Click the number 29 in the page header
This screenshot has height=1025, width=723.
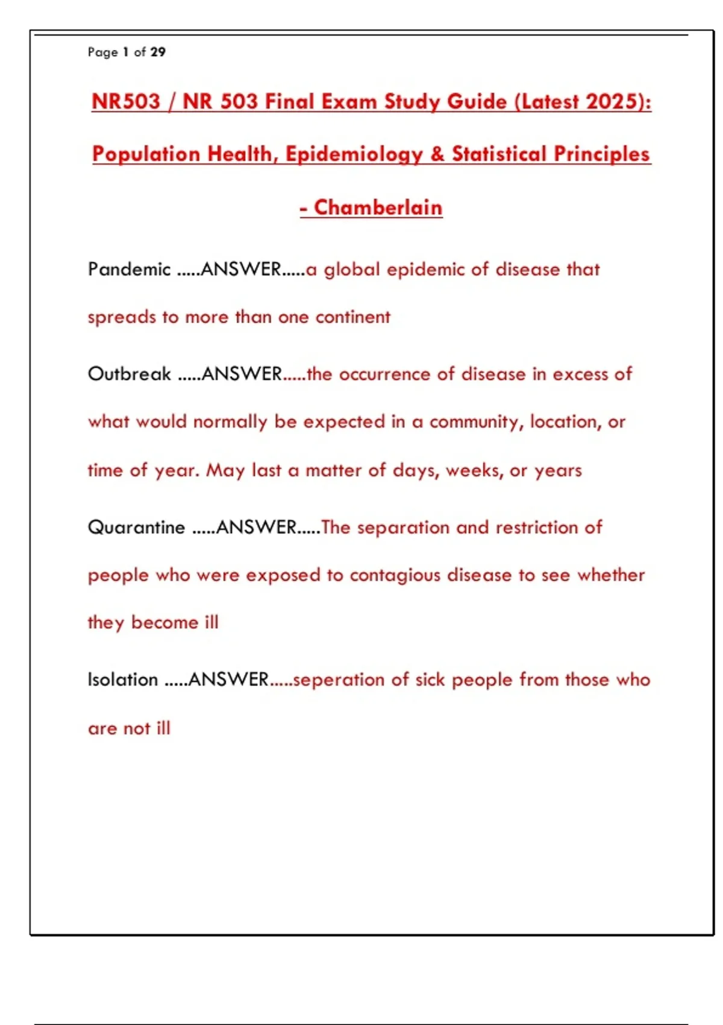tap(158, 52)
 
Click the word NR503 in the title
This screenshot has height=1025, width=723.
tap(126, 101)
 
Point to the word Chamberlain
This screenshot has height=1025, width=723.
tap(378, 207)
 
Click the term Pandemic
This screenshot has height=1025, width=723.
tap(130, 269)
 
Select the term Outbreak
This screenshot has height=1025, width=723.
tap(130, 374)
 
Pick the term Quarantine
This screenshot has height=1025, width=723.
tap(137, 528)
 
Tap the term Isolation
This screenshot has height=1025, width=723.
tap(123, 680)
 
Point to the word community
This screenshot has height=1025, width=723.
tap(475, 422)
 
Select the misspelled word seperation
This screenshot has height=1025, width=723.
tap(339, 680)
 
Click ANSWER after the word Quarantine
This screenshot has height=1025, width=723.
tap(257, 528)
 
